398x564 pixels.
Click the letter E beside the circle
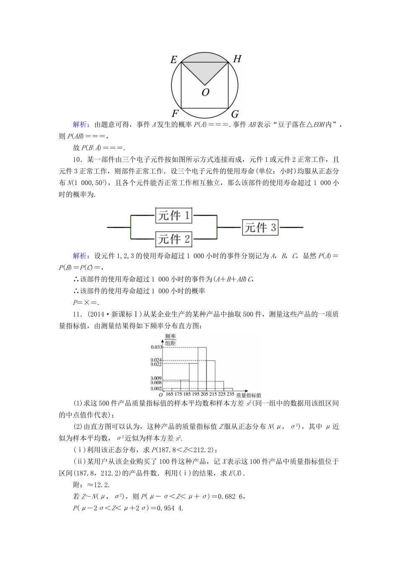tap(174, 60)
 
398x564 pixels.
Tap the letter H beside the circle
tap(237, 59)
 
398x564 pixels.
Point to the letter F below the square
tap(175, 113)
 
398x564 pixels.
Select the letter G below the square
tap(235, 114)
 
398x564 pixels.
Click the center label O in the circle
tap(205, 92)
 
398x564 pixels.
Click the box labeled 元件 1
tap(173, 216)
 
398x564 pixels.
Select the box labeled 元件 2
tap(173, 239)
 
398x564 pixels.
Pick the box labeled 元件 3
tap(261, 227)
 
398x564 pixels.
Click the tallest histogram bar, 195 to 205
tap(202, 369)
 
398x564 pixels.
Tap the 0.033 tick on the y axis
tap(156, 347)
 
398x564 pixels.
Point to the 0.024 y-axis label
tap(156, 360)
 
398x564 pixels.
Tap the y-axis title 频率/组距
tap(170, 340)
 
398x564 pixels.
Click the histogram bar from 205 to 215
tap(210, 376)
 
